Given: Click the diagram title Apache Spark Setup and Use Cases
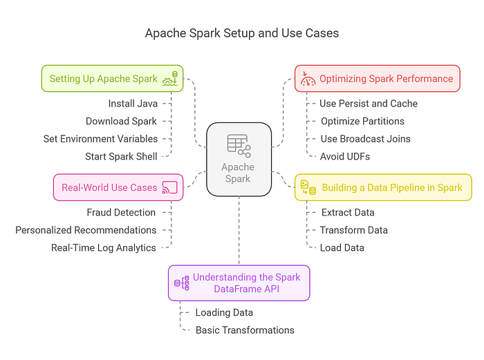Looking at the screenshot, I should tap(242, 32).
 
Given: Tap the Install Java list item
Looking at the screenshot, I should tap(133, 104).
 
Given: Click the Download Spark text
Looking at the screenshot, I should tap(122, 121).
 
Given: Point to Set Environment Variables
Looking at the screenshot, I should tap(100, 138).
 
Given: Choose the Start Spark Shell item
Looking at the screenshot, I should tap(121, 156).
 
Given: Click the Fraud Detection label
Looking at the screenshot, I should tap(121, 212).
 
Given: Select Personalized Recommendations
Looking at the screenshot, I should tap(86, 229).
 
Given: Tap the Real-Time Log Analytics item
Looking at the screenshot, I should tap(104, 247).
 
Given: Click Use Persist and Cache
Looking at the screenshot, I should tap(369, 104).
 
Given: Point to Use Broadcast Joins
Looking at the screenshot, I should tap(365, 138).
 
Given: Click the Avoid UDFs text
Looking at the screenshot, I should tap(345, 156).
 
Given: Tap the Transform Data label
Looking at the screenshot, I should tap(353, 229).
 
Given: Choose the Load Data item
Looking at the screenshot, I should tap(342, 247).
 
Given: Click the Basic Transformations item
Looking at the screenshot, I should tap(245, 330).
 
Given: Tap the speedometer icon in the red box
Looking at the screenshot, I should tap(308, 79).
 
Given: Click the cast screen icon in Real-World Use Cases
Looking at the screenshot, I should tap(169, 187).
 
